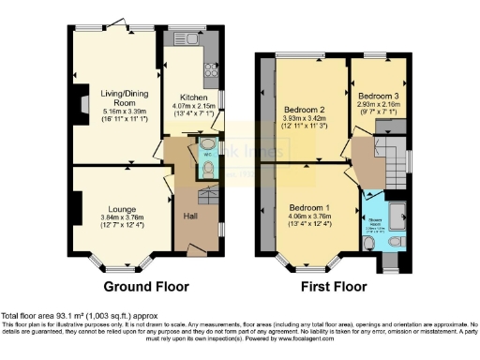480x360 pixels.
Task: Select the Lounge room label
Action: [x=122, y=209]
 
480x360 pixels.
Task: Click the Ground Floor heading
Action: [x=145, y=287]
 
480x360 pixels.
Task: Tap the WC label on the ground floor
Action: [x=196, y=156]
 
